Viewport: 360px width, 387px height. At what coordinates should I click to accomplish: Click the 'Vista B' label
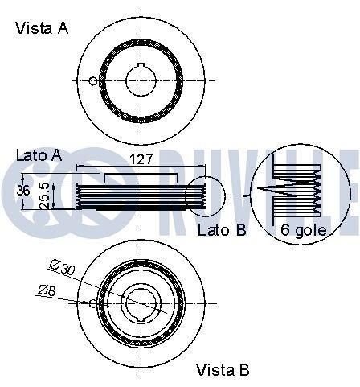click(223, 370)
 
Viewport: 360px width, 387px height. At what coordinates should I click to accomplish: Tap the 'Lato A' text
click(39, 154)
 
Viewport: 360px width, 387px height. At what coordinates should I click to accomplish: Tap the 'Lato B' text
click(222, 230)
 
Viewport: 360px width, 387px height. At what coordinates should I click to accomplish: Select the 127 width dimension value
click(141, 159)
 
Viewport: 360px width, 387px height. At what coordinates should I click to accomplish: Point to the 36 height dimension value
click(22, 191)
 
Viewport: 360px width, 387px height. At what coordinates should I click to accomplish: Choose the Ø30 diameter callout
click(62, 266)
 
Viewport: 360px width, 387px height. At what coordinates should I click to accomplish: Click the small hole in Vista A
click(94, 80)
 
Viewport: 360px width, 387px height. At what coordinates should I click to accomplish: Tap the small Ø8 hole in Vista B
click(94, 303)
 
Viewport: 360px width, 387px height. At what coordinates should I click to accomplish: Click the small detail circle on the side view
click(204, 195)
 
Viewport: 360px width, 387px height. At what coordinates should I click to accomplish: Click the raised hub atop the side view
click(141, 176)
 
